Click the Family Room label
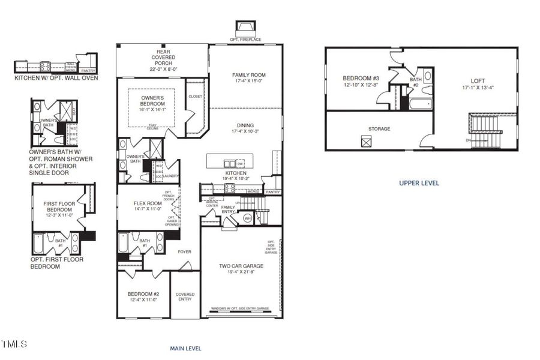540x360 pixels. [x=249, y=75]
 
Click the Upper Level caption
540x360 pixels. [x=419, y=183]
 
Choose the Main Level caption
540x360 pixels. [x=186, y=348]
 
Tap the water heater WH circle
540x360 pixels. [x=248, y=218]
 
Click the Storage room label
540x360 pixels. [x=379, y=129]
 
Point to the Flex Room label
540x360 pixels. [x=148, y=203]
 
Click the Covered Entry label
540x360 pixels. [x=185, y=296]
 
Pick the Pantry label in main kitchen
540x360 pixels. [x=273, y=192]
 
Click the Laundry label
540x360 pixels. [x=171, y=176]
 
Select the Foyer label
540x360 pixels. [x=184, y=252]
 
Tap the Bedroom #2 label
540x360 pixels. [x=143, y=293]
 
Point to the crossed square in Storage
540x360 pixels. [x=366, y=142]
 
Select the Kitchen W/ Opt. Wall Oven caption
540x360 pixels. [x=56, y=77]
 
